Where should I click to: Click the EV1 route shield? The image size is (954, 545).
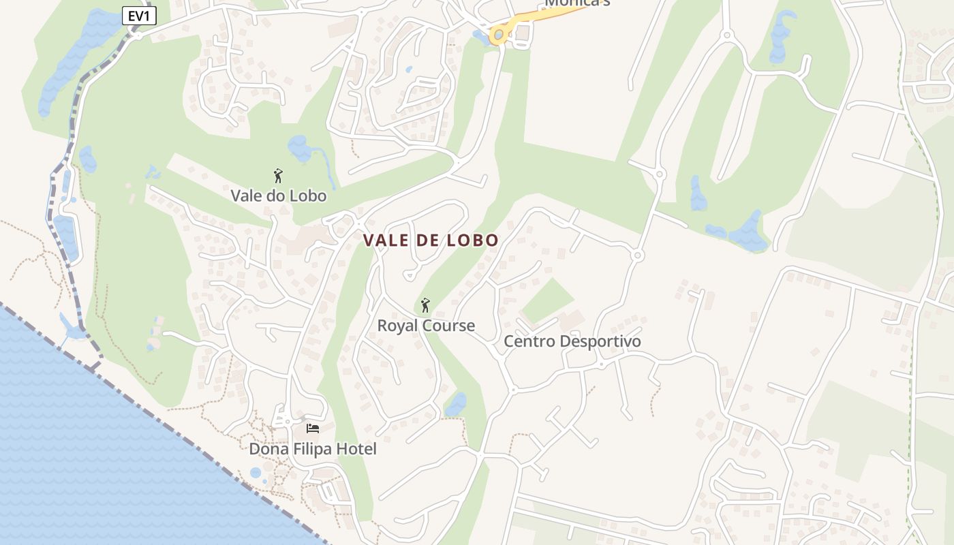[139, 16]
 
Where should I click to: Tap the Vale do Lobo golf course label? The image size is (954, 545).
[278, 196]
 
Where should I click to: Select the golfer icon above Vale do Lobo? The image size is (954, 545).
[278, 176]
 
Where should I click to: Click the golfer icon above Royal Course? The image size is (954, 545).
[426, 305]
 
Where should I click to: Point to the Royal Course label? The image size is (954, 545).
[426, 326]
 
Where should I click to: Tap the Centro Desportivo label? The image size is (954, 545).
[572, 341]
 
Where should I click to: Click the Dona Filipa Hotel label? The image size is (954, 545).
[312, 450]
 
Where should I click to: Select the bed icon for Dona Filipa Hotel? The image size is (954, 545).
[313, 429]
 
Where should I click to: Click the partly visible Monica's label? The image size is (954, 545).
[577, 3]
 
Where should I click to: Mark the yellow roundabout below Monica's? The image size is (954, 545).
[499, 34]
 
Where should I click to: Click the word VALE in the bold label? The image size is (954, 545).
[387, 240]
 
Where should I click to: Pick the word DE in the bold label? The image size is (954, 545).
[429, 240]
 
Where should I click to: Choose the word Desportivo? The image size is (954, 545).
[600, 341]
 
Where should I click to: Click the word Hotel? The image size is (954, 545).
[357, 450]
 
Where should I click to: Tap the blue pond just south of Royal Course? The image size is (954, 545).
[456, 403]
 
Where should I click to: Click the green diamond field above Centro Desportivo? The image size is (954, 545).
[547, 300]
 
